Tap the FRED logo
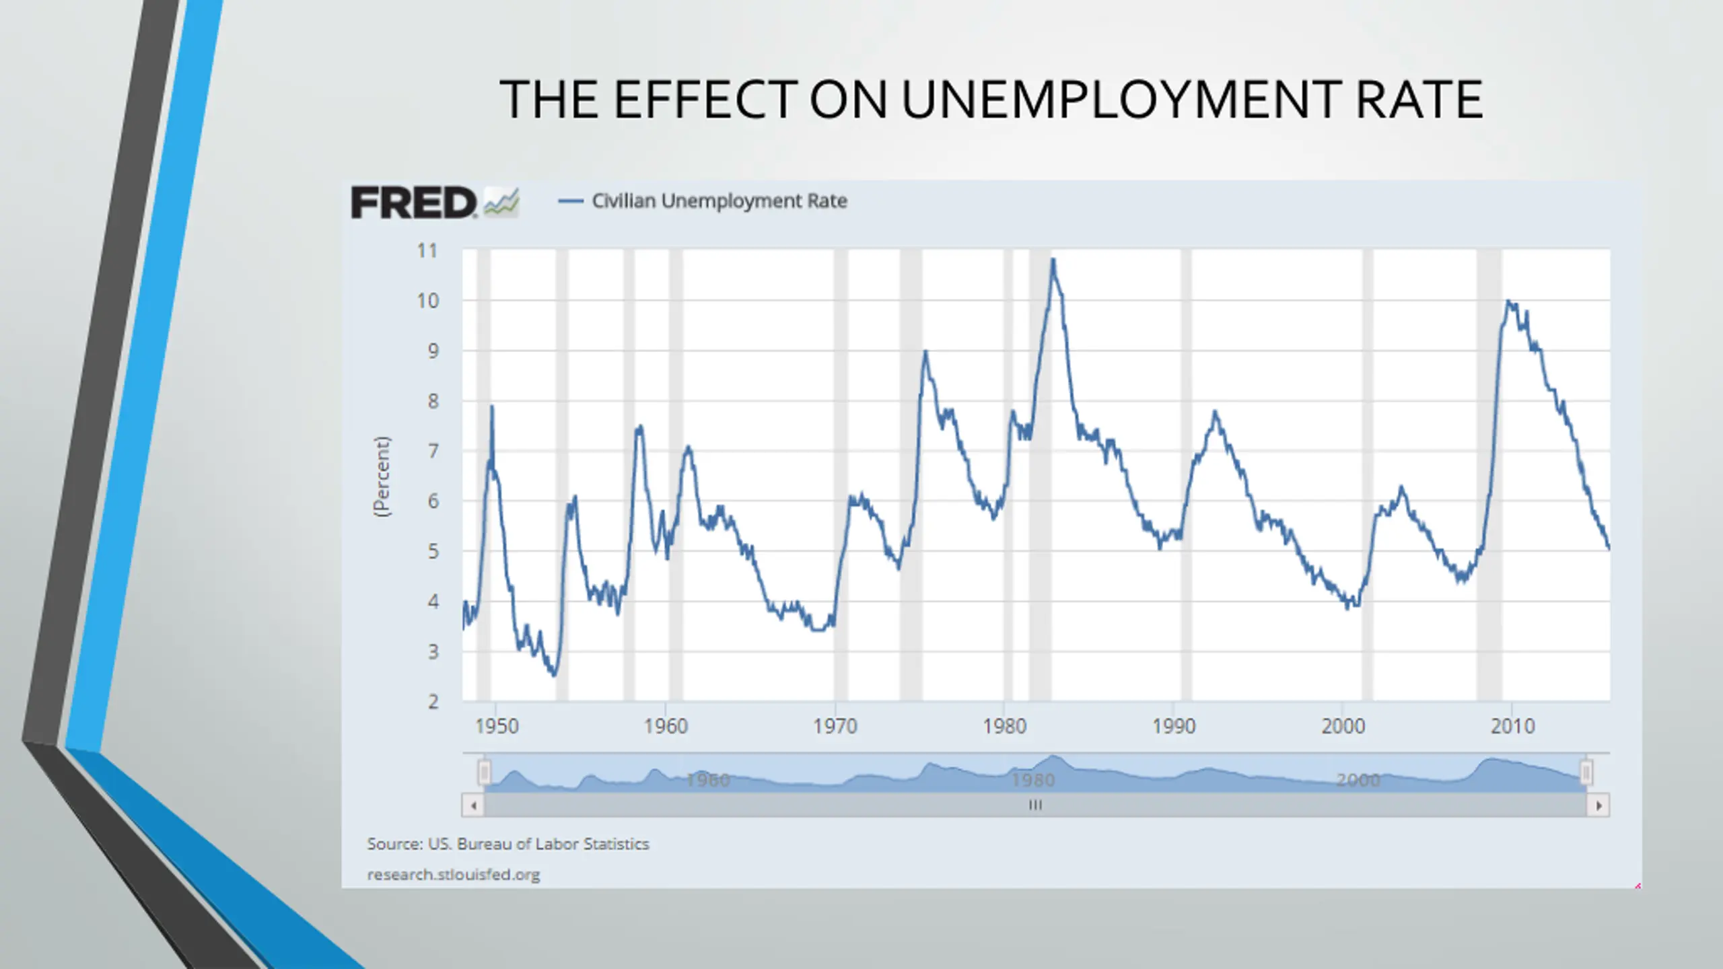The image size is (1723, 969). pos(413,203)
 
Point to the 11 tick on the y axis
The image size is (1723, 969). pos(427,251)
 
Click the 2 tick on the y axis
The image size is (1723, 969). pos(433,701)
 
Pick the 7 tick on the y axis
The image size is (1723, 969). pos(433,451)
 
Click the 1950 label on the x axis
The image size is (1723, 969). pos(497,727)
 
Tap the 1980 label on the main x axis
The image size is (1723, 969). pos(1004,727)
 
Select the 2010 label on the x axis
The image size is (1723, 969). pos(1512,727)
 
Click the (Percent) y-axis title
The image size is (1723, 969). pos(382,476)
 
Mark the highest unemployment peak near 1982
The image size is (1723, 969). pos(1053,260)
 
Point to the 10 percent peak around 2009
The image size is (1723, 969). pos(1508,301)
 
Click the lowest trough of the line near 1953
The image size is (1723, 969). pos(554,675)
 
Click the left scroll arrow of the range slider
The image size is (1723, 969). pos(473,805)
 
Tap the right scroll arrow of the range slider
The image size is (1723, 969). pos(1598,805)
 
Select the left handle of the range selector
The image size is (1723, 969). pos(485,773)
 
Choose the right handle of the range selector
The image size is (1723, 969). pos(1586,773)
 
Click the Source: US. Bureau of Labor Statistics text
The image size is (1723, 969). pos(508,844)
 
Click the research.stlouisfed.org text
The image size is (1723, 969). pos(454,875)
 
